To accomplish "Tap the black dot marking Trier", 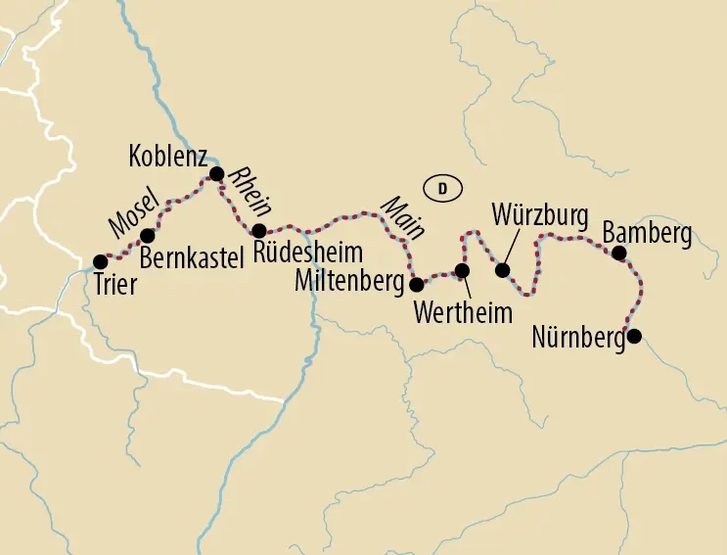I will click(x=99, y=261).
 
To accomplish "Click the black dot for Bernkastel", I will click(x=148, y=235).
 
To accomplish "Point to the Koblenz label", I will click(x=168, y=155).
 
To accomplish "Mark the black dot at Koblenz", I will click(x=217, y=174).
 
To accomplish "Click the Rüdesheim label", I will click(x=308, y=252).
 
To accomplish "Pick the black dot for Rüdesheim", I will click(x=258, y=231).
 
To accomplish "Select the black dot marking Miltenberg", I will click(x=416, y=285).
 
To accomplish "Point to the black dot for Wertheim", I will click(x=462, y=270).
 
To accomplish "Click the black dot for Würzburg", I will click(x=503, y=270).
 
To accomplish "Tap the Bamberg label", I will click(x=647, y=234).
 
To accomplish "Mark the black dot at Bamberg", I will click(x=618, y=253).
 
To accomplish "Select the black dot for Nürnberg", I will click(x=634, y=337).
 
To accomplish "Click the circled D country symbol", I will click(x=441, y=189).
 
